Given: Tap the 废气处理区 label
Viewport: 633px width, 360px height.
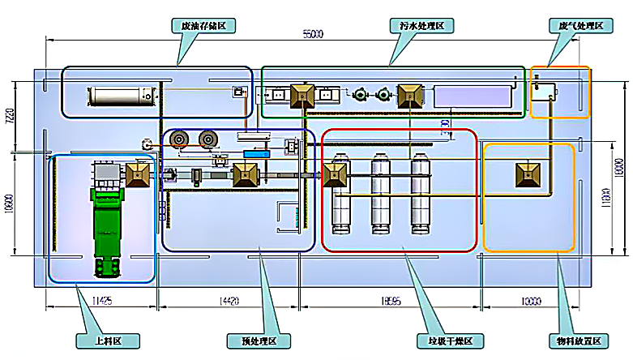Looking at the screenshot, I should [580, 26].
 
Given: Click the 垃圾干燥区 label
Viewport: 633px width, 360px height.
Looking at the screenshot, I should [445, 341].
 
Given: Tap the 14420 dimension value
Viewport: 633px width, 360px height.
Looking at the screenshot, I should [230, 302].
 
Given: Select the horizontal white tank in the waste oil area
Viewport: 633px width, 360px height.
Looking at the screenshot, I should [121, 97].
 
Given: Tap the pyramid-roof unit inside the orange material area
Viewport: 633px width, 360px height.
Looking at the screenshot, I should [528, 174].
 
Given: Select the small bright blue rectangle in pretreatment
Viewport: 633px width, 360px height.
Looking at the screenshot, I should [260, 153].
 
